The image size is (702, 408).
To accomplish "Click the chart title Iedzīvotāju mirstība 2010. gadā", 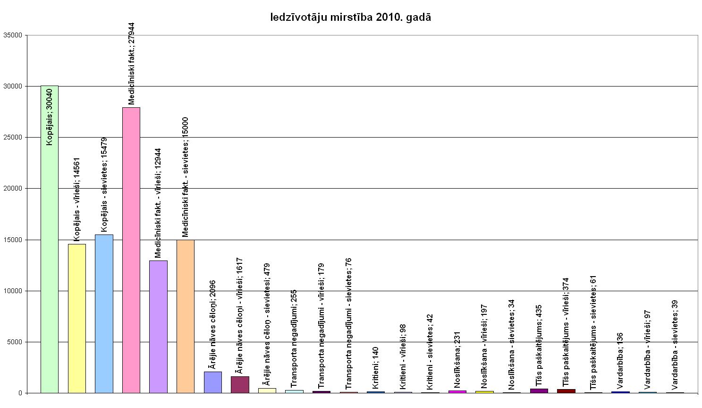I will pos(350,17).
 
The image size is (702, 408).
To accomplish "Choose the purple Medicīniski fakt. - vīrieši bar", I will pos(158,326).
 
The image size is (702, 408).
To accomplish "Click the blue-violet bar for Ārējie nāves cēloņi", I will pos(212,382).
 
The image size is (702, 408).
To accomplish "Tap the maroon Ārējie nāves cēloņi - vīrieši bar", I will pos(240,384).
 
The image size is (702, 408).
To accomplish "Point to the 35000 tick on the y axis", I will pos(13,35).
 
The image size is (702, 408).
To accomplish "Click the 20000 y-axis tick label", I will pos(13,189).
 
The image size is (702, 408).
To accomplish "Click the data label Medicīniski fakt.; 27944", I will pos(132,63).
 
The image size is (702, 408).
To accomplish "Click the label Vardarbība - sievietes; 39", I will pos(675,344).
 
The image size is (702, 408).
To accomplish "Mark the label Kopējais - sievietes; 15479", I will pos(104,185).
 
